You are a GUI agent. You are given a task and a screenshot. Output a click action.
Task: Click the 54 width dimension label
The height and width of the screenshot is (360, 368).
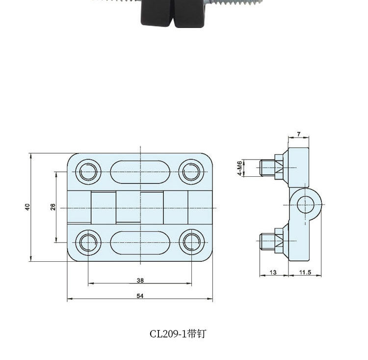tap(140, 296)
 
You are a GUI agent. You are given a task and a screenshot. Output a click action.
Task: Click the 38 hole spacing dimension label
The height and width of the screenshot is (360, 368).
tap(140, 280)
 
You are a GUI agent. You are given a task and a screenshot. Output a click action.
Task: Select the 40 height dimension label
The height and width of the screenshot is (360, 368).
tap(28, 207)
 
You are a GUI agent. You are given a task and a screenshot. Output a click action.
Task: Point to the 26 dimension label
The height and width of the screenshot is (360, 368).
tap(53, 207)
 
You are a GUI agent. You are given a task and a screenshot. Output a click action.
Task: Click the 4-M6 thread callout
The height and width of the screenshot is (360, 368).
tap(239, 168)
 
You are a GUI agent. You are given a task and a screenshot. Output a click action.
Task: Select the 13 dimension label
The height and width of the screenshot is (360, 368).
tap(273, 272)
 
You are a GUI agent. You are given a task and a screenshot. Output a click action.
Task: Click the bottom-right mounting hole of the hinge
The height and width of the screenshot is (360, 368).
tap(191, 243)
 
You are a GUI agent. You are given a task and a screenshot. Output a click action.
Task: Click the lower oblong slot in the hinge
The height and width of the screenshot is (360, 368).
tap(140, 243)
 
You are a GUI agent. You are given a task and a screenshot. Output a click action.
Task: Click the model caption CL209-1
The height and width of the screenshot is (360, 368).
tap(178, 334)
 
